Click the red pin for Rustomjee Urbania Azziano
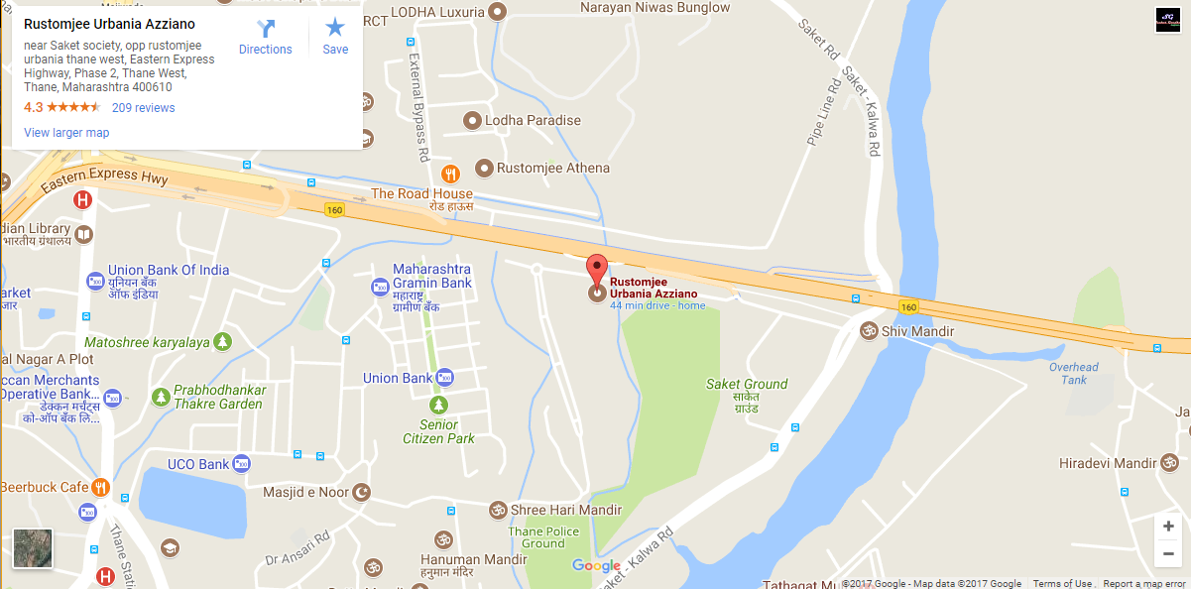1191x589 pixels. [x=596, y=269]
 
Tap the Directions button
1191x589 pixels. [x=266, y=38]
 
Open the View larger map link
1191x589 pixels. [x=66, y=133]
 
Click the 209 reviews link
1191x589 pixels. [x=143, y=108]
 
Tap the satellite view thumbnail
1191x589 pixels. [x=33, y=548]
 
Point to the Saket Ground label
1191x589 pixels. [x=747, y=384]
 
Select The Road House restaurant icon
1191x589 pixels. [x=451, y=174]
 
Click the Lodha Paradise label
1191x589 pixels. [x=533, y=120]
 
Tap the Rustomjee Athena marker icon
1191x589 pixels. [x=484, y=169]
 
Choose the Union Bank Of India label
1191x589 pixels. [x=169, y=270]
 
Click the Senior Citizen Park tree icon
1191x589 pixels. [x=438, y=405]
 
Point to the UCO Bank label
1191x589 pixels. [x=198, y=464]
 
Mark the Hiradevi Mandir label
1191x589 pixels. [x=1107, y=463]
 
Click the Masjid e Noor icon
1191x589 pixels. [x=362, y=492]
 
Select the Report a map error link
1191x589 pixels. [x=1144, y=584]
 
